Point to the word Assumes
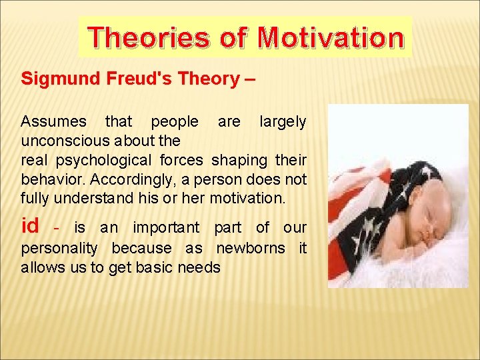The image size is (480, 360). (x=53, y=121)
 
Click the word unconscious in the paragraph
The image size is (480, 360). (x=64, y=141)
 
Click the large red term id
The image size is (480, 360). (x=30, y=227)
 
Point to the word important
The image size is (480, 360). (x=165, y=228)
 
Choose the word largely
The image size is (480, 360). (x=283, y=121)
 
